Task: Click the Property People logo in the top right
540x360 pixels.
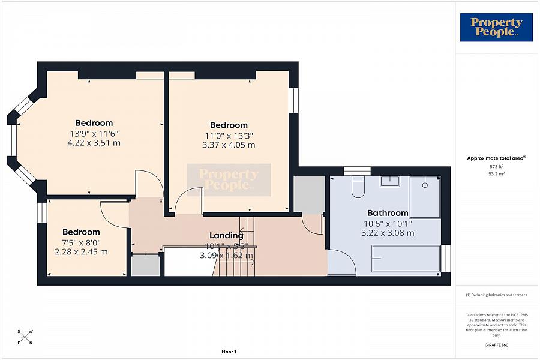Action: click(x=496, y=28)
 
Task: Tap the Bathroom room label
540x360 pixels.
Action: click(x=388, y=213)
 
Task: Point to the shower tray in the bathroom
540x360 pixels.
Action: click(x=425, y=197)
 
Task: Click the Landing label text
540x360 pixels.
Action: click(x=226, y=236)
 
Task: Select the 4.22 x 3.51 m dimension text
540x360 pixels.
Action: click(x=94, y=143)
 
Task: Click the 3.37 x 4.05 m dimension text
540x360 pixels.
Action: click(x=229, y=145)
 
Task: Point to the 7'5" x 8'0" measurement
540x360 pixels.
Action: click(x=81, y=242)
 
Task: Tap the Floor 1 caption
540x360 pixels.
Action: click(x=229, y=352)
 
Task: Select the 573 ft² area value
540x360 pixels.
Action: click(x=496, y=166)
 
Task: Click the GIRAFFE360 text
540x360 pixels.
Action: click(x=496, y=345)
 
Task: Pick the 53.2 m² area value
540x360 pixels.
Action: click(x=496, y=173)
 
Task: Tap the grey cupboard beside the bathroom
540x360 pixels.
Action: click(x=308, y=194)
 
